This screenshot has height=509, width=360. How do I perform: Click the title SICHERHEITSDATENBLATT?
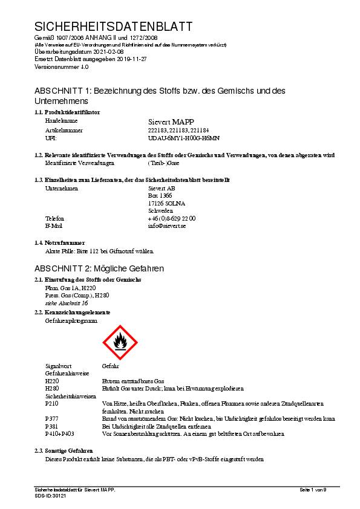[114, 27]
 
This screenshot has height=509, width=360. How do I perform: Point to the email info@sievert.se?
[166, 225]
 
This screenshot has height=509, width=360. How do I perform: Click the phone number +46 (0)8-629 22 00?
[172, 218]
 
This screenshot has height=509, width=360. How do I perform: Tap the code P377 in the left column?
[52, 418]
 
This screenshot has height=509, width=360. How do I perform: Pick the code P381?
[52, 426]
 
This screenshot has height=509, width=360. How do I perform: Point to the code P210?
[52, 403]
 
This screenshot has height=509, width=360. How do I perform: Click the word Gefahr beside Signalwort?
[111, 366]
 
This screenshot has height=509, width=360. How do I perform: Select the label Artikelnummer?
[64, 130]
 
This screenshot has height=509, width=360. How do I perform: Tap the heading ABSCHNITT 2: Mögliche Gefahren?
[99, 268]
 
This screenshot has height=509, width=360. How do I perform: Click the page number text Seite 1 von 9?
[313, 489]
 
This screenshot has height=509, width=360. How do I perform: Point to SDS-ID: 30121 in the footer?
[50, 495]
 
